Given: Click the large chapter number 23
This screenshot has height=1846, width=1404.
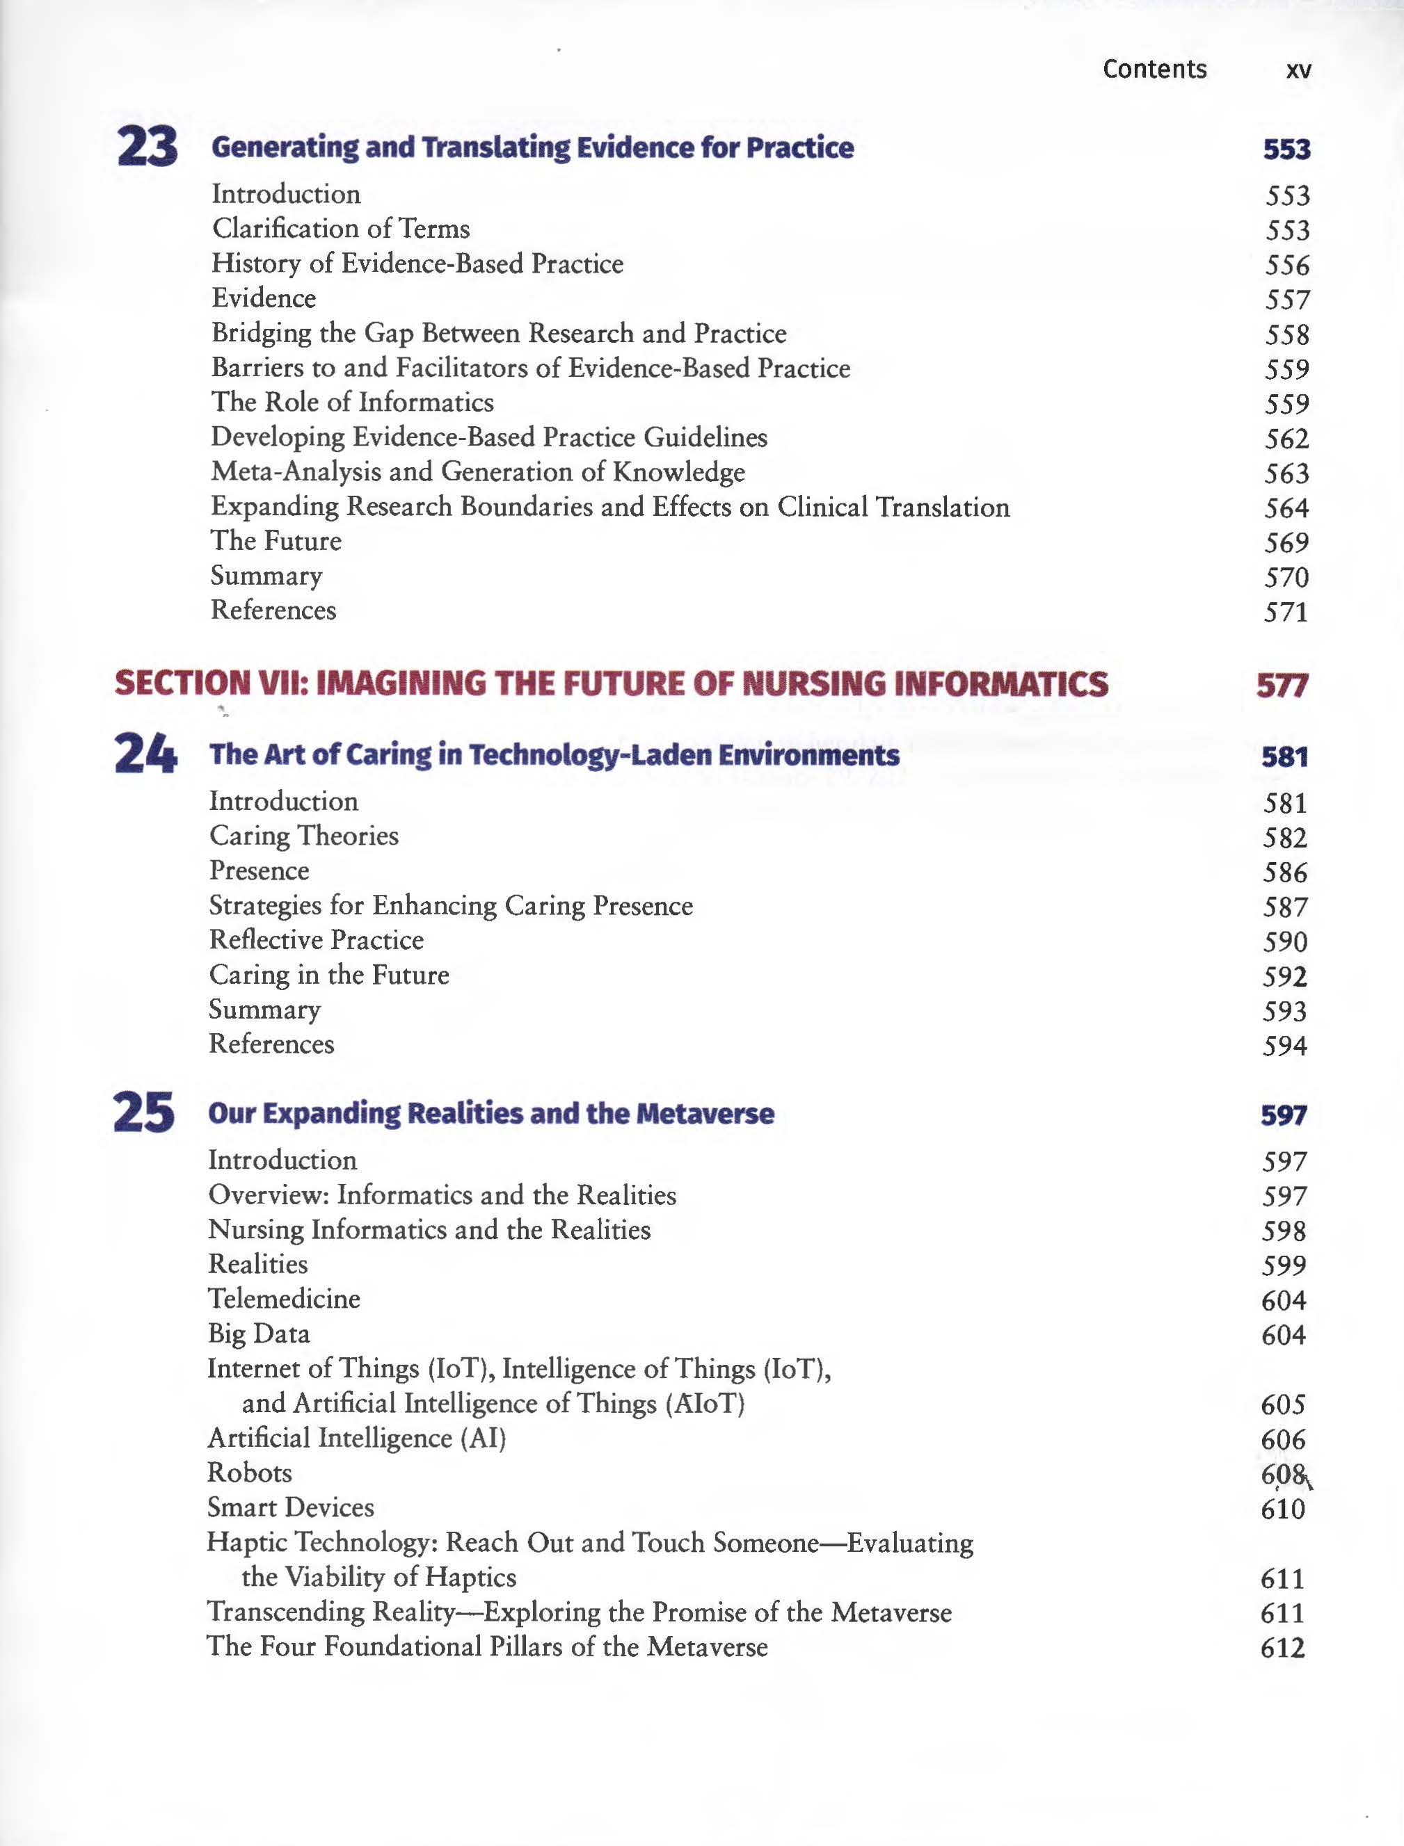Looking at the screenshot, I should tap(147, 147).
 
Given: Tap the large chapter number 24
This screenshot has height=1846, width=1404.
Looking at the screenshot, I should tap(145, 754).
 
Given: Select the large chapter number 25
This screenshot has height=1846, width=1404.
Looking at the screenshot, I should tap(144, 1112).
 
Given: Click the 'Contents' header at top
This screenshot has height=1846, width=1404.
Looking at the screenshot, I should tap(1154, 69).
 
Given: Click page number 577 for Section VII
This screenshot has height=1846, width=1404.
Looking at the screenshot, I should tap(1281, 686).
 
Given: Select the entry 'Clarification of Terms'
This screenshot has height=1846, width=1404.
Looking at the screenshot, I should tap(340, 228).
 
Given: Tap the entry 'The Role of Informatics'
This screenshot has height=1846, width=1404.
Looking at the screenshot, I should tap(352, 402).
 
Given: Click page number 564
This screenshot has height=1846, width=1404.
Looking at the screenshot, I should tap(1286, 508).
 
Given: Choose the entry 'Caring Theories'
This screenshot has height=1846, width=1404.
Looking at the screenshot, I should tap(303, 835).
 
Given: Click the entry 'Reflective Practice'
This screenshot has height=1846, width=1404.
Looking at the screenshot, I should tap(316, 940).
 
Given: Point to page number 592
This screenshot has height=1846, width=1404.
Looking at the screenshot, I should tap(1284, 976).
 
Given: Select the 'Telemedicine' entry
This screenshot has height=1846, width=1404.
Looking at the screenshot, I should tap(283, 1298).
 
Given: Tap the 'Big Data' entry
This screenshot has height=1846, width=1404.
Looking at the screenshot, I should tap(258, 1333).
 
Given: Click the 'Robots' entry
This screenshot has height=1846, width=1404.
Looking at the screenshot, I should tap(249, 1472).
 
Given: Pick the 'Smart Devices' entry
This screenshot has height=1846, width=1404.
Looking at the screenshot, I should tap(290, 1507).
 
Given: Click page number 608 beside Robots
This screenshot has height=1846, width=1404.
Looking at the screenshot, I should tap(1283, 1474).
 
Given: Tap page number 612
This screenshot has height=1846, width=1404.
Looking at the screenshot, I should tap(1282, 1647).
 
